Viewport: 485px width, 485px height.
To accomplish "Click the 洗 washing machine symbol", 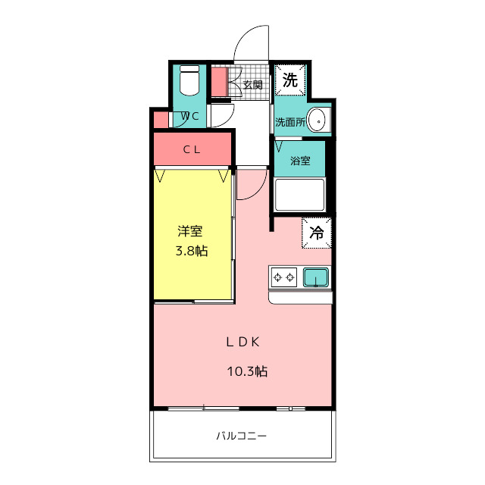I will [x=289, y=79].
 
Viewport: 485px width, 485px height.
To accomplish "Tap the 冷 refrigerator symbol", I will [x=317, y=233].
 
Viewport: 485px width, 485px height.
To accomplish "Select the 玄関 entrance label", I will [x=253, y=84].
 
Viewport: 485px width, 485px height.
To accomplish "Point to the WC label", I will [x=189, y=116].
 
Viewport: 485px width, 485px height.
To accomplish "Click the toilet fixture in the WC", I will [x=189, y=79].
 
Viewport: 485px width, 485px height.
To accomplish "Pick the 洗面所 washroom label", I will [x=290, y=121].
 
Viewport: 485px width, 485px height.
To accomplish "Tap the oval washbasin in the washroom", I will [x=320, y=120].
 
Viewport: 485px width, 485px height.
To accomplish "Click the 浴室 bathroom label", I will [x=300, y=161].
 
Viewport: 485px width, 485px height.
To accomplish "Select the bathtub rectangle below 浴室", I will [x=299, y=194].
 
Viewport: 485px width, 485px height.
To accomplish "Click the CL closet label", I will [x=192, y=149].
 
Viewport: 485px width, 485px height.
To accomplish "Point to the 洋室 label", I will [x=190, y=231].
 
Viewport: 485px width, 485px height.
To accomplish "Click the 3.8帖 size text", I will [x=192, y=251].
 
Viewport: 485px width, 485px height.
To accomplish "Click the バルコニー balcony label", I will [x=241, y=436].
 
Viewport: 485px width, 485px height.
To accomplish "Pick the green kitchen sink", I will [x=316, y=277].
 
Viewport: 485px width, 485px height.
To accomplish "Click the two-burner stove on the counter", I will [x=284, y=277].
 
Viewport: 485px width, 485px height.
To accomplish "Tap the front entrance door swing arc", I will [x=250, y=44].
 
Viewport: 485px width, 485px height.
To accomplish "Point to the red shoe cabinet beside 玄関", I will [x=219, y=82].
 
